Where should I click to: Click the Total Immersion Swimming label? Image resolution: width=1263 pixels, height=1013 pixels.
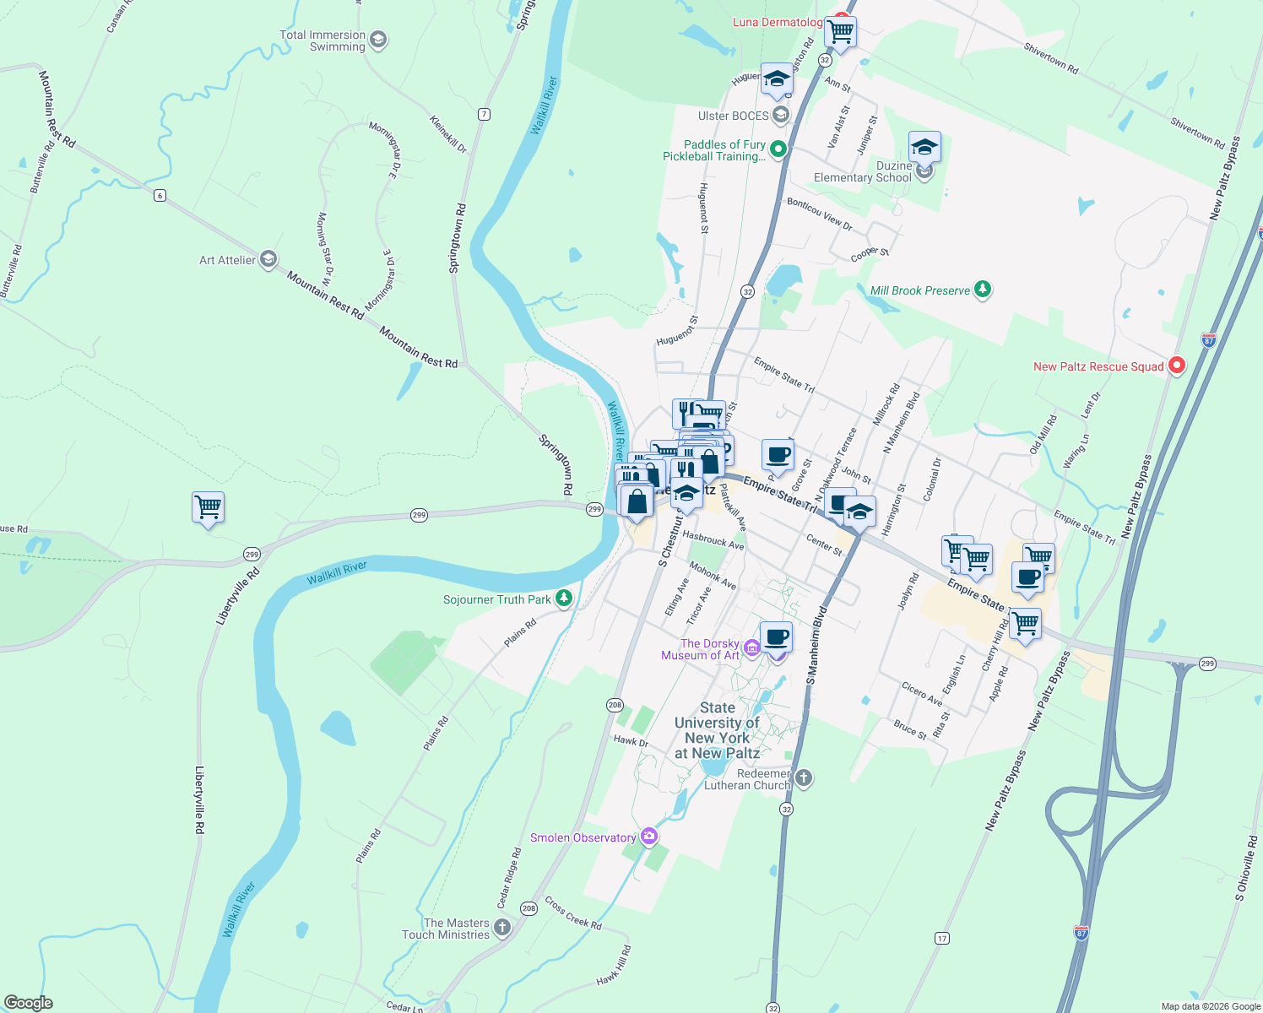(x=323, y=41)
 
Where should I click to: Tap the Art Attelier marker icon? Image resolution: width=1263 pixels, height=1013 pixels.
(x=268, y=259)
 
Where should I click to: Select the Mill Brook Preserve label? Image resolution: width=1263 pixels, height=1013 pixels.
(x=920, y=290)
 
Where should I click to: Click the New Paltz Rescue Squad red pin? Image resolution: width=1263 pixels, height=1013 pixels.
(x=1176, y=366)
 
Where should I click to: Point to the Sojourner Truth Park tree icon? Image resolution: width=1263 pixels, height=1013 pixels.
(x=564, y=599)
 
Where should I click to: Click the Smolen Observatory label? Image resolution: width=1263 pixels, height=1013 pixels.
(x=583, y=837)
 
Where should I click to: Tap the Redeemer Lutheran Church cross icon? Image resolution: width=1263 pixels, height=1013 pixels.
(x=804, y=778)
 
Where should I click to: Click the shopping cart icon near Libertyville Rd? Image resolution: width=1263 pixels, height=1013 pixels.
(x=208, y=507)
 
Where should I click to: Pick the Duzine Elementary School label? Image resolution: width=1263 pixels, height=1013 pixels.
(x=863, y=171)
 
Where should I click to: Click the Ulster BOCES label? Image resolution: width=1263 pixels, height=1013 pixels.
(x=734, y=116)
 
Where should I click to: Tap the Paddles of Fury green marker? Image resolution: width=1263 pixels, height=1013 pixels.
(x=778, y=150)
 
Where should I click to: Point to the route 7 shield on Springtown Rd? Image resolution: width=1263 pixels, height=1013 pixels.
(x=484, y=114)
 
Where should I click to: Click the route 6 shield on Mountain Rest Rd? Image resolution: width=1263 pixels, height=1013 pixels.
(x=160, y=196)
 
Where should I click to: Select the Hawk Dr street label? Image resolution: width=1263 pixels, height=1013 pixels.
(x=631, y=741)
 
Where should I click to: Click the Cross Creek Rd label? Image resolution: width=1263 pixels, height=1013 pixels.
(x=573, y=913)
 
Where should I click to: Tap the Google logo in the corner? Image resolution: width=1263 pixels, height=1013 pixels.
(x=29, y=1003)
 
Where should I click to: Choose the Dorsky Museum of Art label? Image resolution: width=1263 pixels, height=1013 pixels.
(x=700, y=649)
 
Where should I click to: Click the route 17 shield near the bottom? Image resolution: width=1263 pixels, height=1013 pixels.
(x=942, y=938)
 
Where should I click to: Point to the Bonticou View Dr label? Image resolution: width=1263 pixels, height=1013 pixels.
(x=819, y=214)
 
